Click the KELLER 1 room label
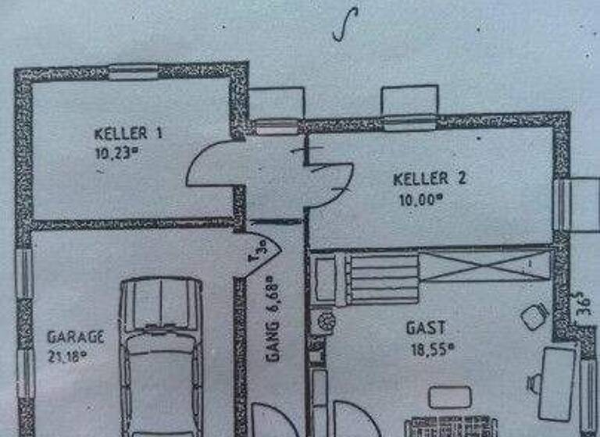(128, 133)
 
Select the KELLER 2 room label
(429, 179)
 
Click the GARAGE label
(75, 337)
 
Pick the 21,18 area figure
(67, 357)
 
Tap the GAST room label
(426, 328)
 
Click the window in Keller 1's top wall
(133, 73)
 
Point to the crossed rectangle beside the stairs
(484, 266)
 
